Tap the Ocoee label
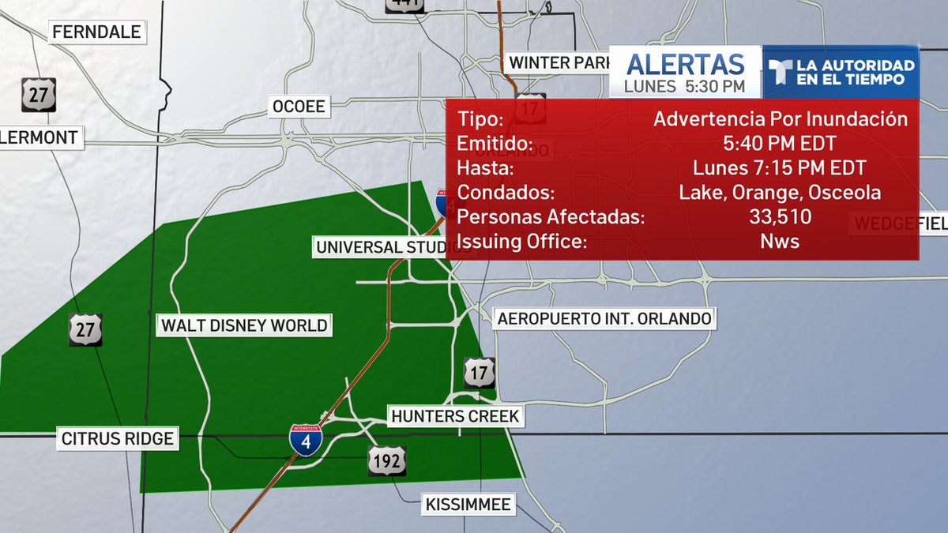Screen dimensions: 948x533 [299, 106]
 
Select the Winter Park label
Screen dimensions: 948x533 [559, 62]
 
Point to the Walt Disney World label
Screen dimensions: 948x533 [244, 325]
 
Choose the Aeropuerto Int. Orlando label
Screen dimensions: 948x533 [604, 319]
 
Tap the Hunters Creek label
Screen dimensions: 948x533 [456, 415]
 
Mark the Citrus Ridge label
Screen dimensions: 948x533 [116, 438]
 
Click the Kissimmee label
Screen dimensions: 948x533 [469, 504]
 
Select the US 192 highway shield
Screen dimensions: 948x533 [386, 460]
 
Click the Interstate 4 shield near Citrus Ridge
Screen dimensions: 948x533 [306, 439]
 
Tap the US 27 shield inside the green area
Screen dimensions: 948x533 [85, 329]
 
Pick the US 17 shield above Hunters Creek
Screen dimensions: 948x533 [480, 373]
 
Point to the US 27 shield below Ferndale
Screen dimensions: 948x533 [38, 94]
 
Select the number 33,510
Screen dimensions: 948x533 [780, 217]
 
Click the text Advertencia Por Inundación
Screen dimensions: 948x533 [780, 120]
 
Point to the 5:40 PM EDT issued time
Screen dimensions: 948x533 [780, 145]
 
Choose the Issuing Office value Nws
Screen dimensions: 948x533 [780, 242]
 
